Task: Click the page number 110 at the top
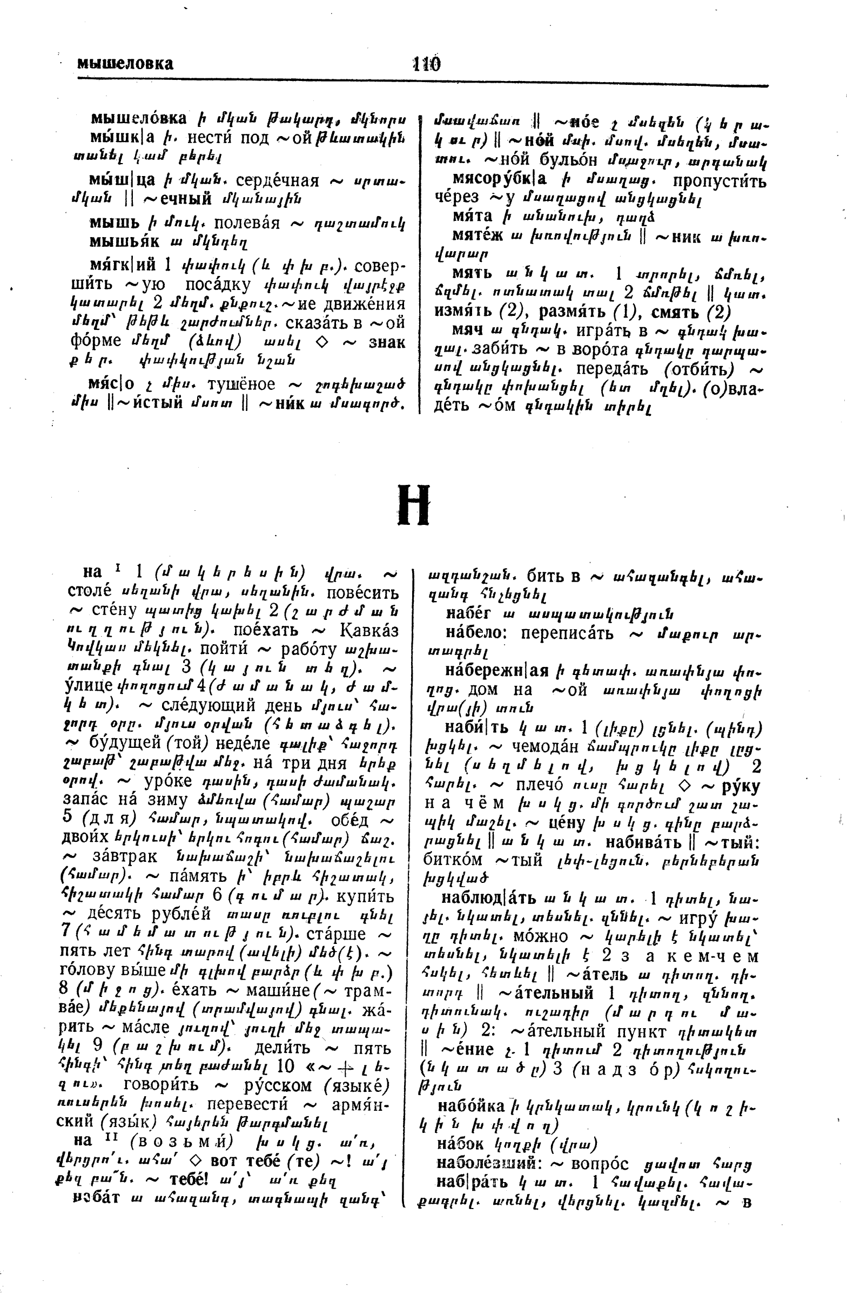pos(427,64)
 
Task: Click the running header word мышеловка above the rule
pos(125,64)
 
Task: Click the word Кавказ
pos(369,631)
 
